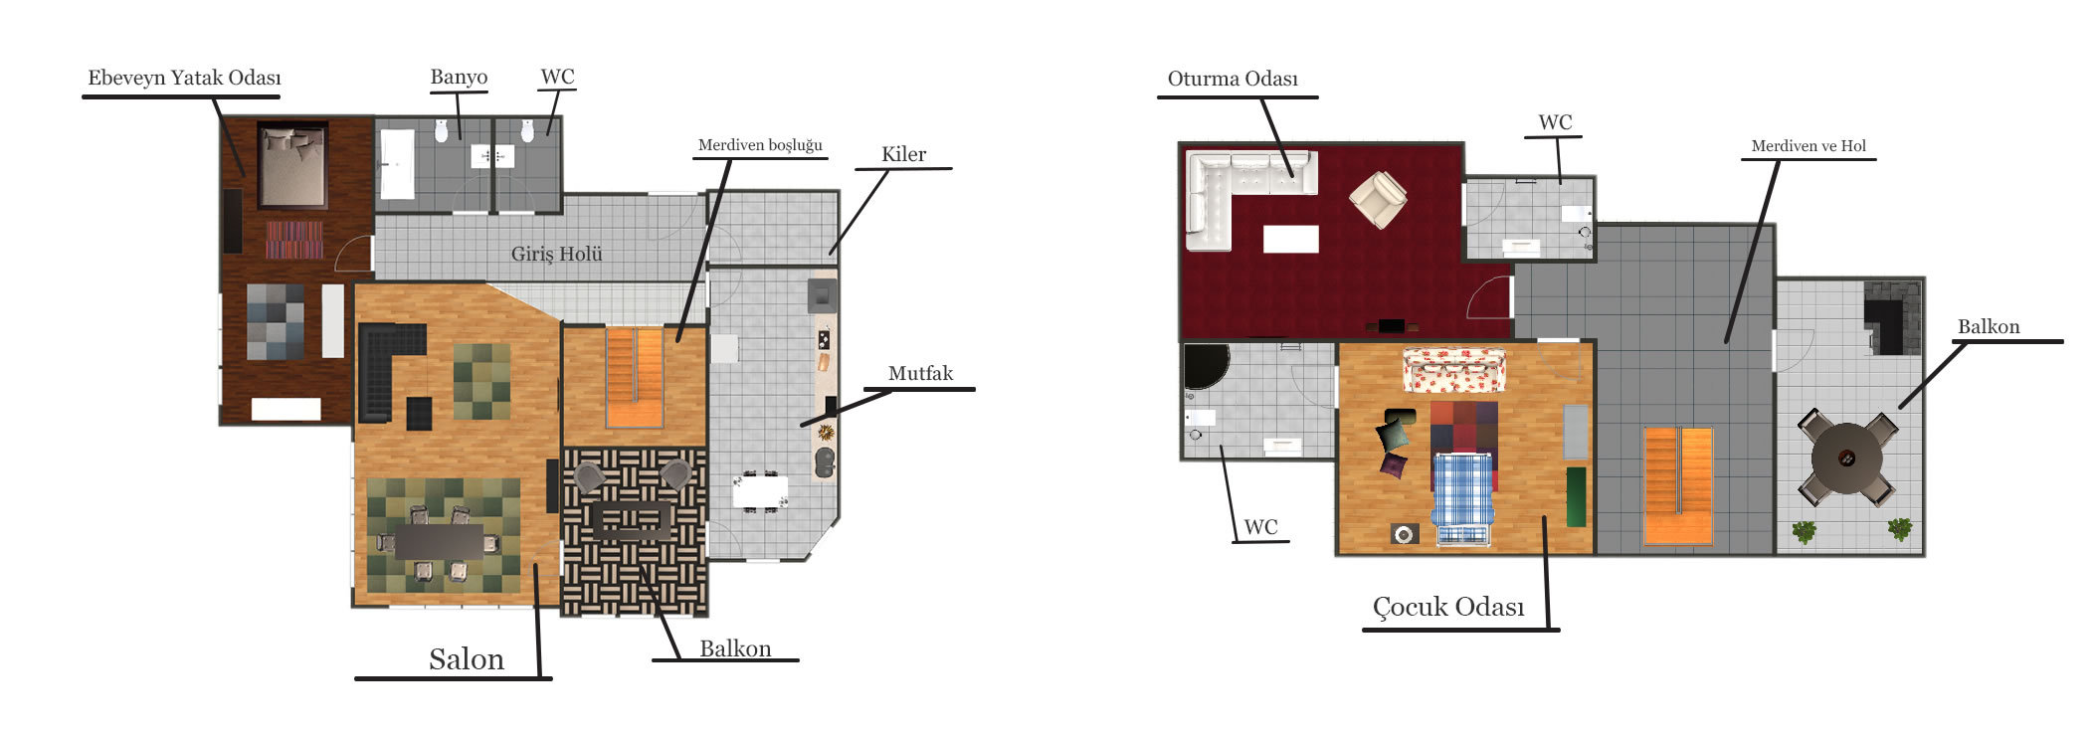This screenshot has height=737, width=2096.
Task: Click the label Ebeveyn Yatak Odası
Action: click(x=184, y=78)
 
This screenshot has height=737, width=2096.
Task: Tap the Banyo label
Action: click(x=459, y=78)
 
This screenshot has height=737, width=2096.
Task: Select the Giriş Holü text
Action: click(x=557, y=254)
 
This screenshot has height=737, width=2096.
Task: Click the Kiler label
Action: click(x=903, y=154)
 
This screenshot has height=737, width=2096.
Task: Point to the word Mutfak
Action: click(x=920, y=373)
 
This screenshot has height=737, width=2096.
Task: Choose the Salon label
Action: click(x=467, y=658)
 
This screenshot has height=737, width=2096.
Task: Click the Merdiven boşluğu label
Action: click(x=760, y=145)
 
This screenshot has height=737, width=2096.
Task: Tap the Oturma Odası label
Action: click(x=1233, y=79)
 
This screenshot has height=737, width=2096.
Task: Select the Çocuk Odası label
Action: click(x=1448, y=607)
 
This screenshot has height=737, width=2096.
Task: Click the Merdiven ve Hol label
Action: click(x=1809, y=146)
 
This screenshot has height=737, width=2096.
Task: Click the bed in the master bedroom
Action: click(x=292, y=165)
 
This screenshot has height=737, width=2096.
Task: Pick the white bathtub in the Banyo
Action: click(x=396, y=163)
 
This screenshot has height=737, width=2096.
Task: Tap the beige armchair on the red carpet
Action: click(x=1378, y=199)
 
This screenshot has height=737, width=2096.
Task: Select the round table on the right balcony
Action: click(x=1847, y=459)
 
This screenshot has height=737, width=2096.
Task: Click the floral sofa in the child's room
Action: click(x=1454, y=371)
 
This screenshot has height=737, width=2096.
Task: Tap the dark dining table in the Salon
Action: click(x=439, y=542)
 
